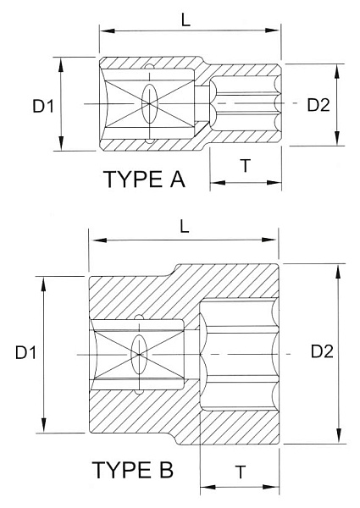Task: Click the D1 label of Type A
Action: pos(43,105)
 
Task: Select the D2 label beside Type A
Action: pos(318,104)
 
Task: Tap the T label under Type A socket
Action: pos(244,166)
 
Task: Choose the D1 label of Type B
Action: pos(25,352)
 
